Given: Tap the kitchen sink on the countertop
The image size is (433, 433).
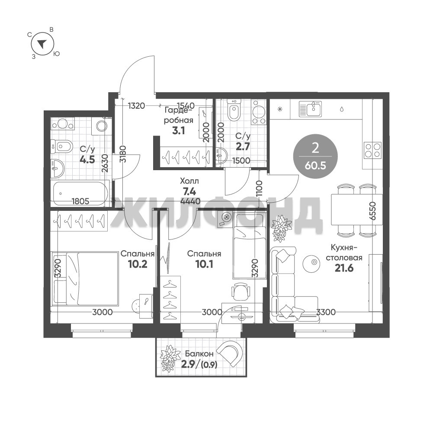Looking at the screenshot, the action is (311, 109).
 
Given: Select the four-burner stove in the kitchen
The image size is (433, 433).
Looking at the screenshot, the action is (372, 150).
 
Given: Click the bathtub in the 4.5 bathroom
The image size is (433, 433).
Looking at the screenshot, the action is (80, 193).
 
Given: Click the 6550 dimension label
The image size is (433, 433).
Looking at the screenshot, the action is (373, 210).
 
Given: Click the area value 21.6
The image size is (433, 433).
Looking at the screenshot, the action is (344, 268).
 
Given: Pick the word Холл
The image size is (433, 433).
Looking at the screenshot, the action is (189, 181).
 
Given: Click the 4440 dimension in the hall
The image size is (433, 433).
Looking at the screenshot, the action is (190, 201).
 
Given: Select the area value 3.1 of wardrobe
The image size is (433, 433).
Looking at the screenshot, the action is (178, 131).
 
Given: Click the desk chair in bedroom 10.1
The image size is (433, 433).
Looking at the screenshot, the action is (241, 292).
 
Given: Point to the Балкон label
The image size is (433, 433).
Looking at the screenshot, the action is (199, 354).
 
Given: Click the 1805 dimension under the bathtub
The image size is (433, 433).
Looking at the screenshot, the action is (80, 201).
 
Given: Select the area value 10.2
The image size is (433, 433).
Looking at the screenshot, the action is (138, 264).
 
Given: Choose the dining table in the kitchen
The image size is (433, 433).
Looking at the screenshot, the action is (357, 209).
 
